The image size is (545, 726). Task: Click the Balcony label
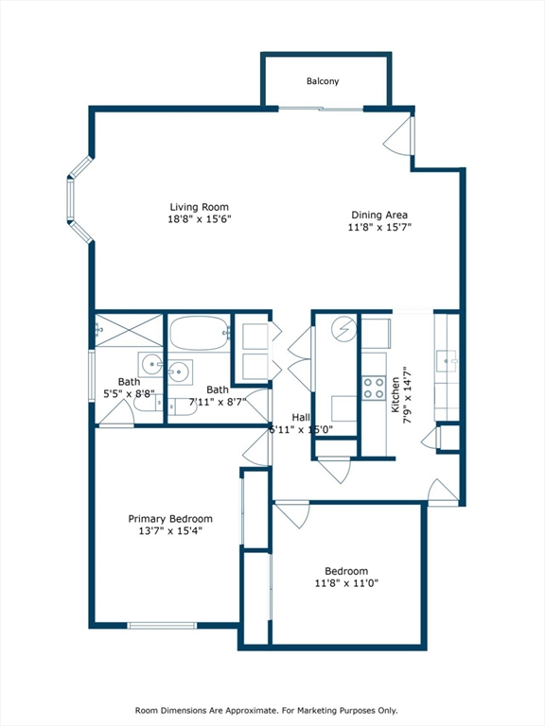pos(322,81)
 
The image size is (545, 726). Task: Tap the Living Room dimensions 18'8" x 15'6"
pos(199,219)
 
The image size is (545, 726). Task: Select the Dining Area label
pos(379,215)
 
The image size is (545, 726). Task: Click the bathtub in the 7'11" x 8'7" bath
pos(199,331)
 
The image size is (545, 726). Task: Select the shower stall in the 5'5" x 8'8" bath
pos(129,330)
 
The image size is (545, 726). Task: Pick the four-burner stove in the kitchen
pos(375,387)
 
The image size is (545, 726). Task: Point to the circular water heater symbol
pos(343,330)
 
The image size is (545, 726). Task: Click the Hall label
pos(301,417)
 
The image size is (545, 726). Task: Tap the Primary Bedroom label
pos(170,519)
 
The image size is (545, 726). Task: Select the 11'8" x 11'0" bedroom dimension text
pos(346,584)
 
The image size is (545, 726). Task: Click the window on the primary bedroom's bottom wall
pos(162,625)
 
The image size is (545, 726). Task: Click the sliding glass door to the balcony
pos(321,110)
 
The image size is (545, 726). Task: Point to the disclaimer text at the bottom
pos(272,710)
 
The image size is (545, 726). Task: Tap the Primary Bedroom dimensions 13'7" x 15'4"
pos(170,531)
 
